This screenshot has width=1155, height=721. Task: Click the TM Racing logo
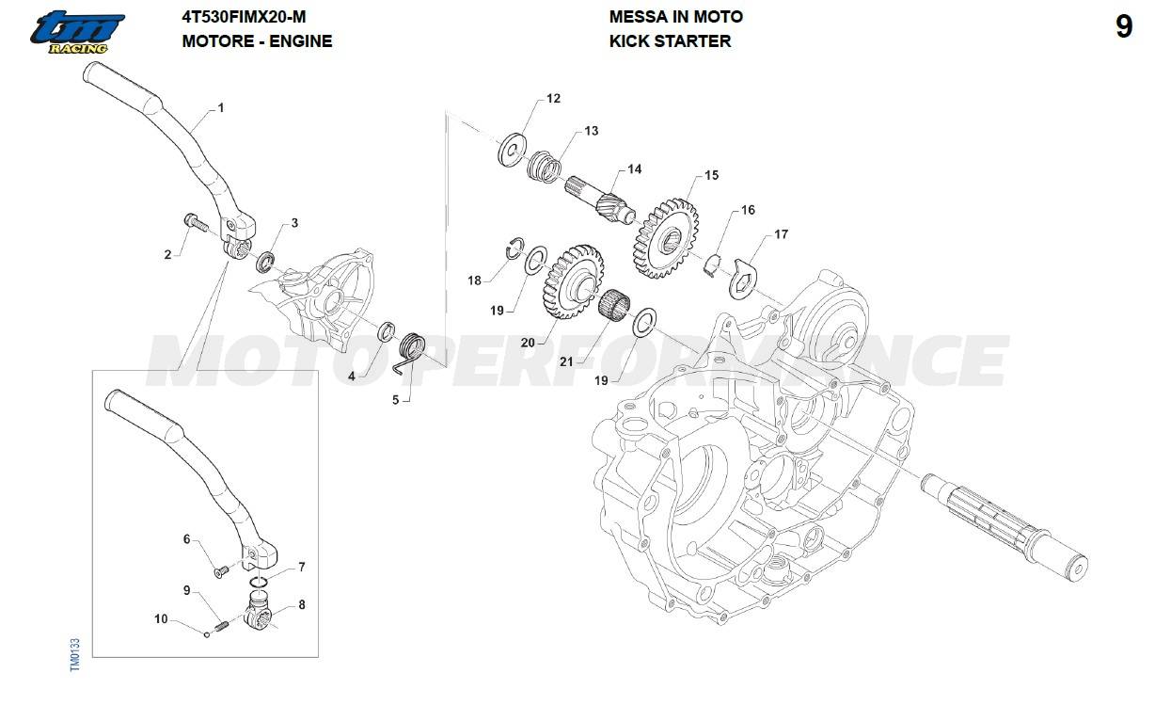76,32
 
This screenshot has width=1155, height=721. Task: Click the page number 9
1124,27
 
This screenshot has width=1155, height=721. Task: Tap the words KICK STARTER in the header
670,40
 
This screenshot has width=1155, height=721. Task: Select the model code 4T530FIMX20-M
244,16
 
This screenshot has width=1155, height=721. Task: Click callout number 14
635,169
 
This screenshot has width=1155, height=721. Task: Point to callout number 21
565,360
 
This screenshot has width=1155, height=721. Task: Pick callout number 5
395,399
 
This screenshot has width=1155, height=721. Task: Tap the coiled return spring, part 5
412,351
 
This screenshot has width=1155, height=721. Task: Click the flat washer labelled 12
513,148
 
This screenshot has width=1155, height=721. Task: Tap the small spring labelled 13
545,168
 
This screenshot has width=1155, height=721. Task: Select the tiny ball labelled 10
207,633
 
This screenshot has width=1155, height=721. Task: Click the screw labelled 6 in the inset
220,569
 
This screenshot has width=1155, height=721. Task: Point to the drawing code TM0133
75,655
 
